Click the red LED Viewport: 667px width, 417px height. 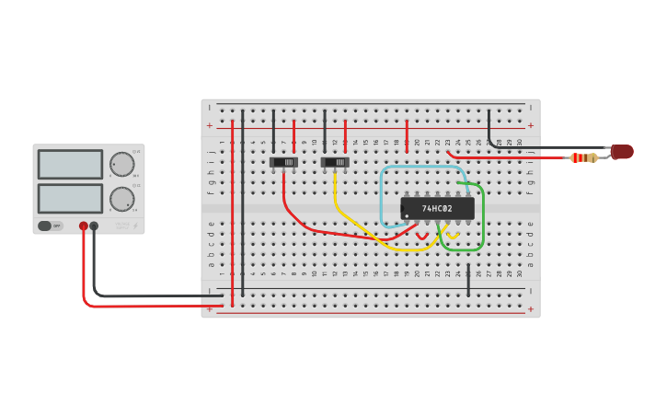click(x=623, y=152)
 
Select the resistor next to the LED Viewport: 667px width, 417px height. click(x=583, y=157)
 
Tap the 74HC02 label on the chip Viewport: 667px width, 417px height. click(x=437, y=209)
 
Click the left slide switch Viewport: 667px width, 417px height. click(x=283, y=163)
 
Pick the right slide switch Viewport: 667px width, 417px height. click(x=335, y=163)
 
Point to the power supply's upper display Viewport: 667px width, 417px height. click(x=70, y=165)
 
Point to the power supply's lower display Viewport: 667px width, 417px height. click(x=70, y=198)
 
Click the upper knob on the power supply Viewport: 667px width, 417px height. click(x=122, y=165)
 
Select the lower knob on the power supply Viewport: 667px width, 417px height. click(x=122, y=199)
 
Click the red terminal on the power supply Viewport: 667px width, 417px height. click(x=84, y=226)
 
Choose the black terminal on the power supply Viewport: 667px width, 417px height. click(x=94, y=226)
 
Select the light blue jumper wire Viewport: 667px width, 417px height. click(x=382, y=198)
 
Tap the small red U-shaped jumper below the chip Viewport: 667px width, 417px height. click(x=422, y=237)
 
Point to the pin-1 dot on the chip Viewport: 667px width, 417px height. click(x=407, y=216)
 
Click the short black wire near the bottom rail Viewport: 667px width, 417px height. click(x=468, y=282)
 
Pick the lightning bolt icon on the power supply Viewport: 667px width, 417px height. click(x=135, y=226)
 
